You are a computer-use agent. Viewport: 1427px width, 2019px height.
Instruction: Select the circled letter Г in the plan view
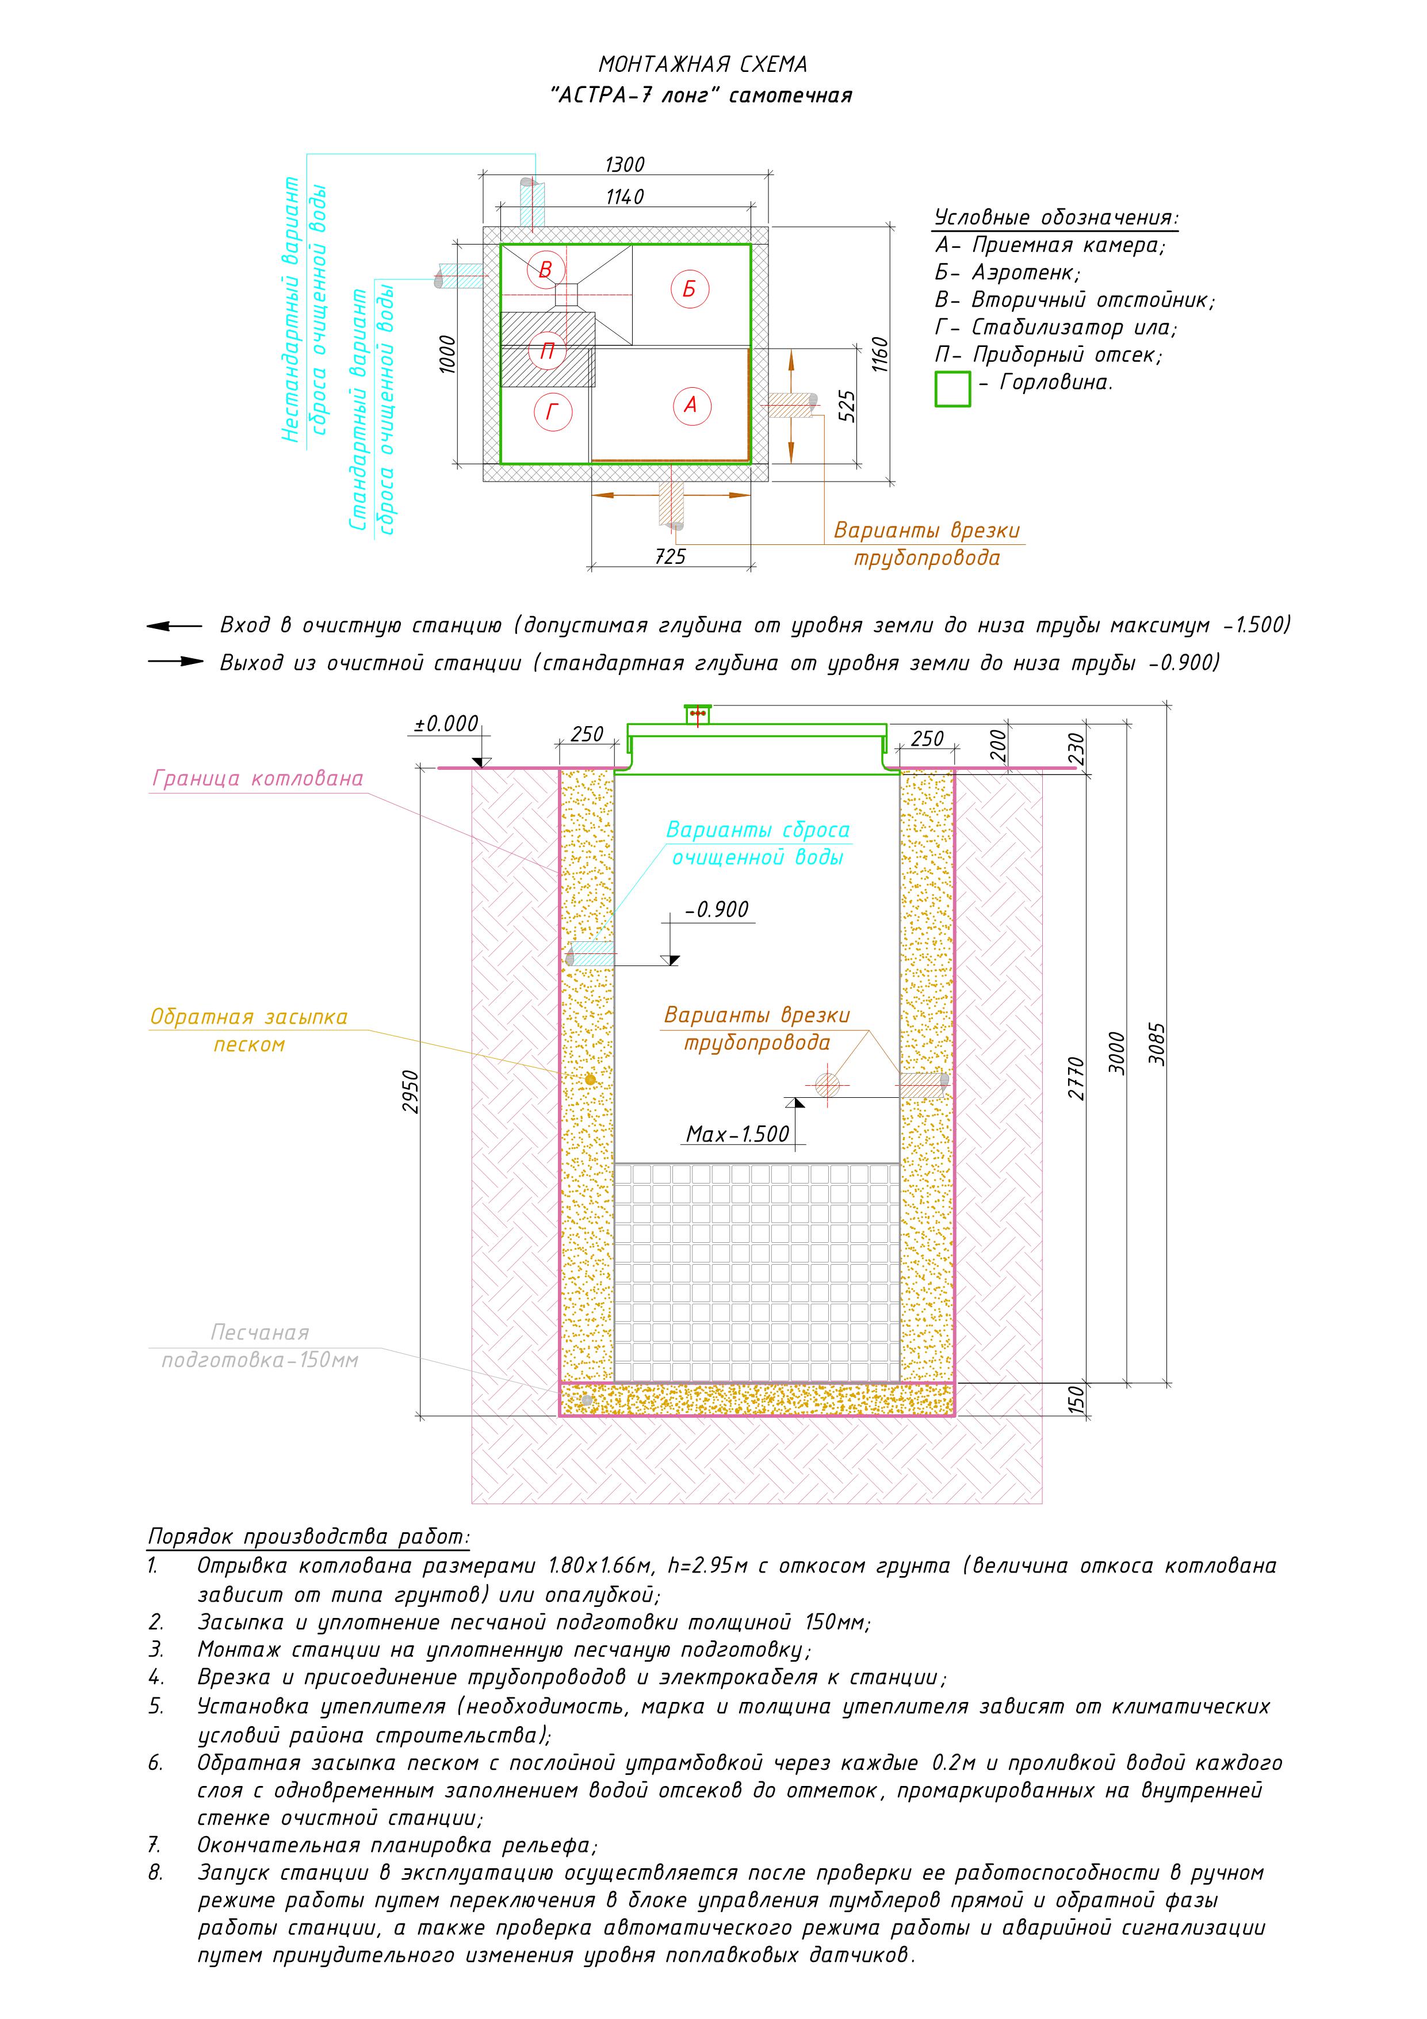(552, 411)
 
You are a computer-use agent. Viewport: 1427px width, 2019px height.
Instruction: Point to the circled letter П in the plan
(547, 352)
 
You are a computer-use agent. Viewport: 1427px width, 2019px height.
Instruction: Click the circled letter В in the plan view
(545, 269)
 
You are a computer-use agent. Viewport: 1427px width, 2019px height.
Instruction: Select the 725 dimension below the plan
(670, 556)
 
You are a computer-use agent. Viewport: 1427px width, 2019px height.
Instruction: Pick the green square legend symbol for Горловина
(952, 389)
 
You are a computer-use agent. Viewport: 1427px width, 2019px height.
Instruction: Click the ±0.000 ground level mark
(447, 724)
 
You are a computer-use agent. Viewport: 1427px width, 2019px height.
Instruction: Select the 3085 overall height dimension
(1157, 1044)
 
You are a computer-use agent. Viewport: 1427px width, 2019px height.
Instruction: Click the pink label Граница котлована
(258, 778)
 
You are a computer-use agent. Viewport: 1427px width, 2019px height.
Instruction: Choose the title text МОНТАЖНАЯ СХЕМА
(702, 64)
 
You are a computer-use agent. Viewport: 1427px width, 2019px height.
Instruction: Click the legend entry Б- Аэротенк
(1008, 273)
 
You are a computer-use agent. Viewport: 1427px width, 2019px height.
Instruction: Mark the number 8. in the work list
(156, 1872)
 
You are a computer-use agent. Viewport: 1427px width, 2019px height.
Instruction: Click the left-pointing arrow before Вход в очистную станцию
(173, 626)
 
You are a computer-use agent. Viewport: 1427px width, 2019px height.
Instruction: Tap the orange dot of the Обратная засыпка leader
(590, 1079)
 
